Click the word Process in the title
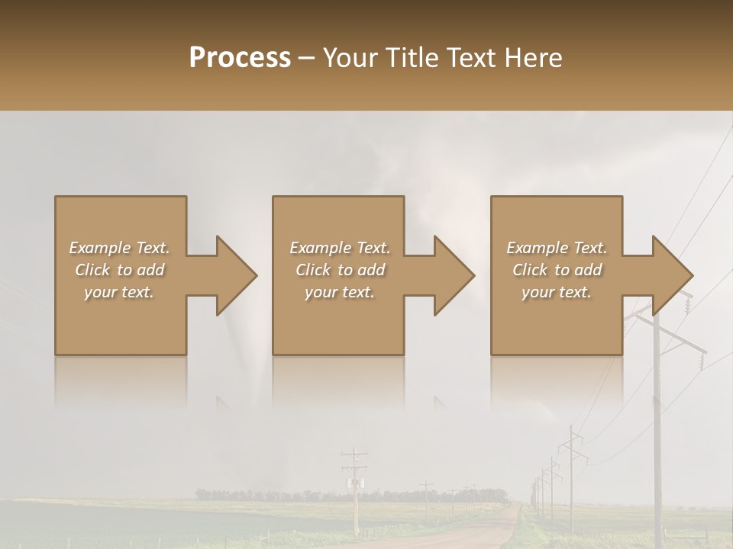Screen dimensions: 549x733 [x=240, y=57]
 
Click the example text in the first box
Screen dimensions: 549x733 [x=119, y=270]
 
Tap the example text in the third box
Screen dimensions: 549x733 [x=557, y=270]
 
